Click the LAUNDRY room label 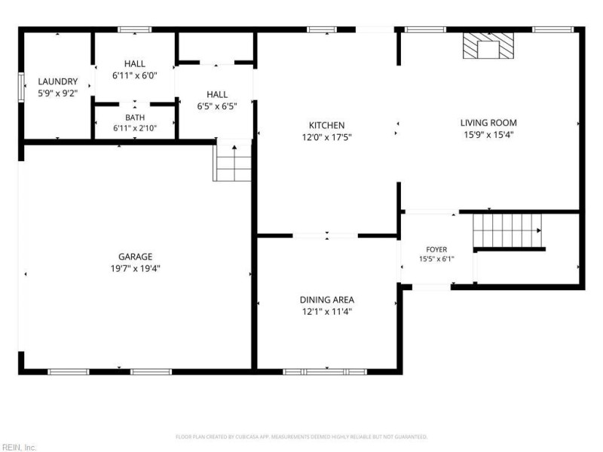pyautogui.click(x=58, y=81)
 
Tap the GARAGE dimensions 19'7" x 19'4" pyautogui.click(x=136, y=268)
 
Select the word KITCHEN pyautogui.click(x=327, y=125)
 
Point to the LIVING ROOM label pyautogui.click(x=488, y=123)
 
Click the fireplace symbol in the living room pyautogui.click(x=488, y=46)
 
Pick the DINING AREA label pyautogui.click(x=327, y=300)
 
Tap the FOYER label pyautogui.click(x=436, y=249)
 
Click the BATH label pyautogui.click(x=135, y=118)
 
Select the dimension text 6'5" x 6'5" pyautogui.click(x=217, y=106)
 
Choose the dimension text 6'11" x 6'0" pyautogui.click(x=135, y=76)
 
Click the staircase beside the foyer pyautogui.click(x=507, y=231)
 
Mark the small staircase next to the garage pyautogui.click(x=232, y=160)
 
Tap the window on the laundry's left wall pyautogui.click(x=22, y=87)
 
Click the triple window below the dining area pyautogui.click(x=325, y=371)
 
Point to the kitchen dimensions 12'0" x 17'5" pyautogui.click(x=327, y=137)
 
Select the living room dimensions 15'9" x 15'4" pyautogui.click(x=488, y=135)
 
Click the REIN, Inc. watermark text pyautogui.click(x=18, y=447)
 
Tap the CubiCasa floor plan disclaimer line pyautogui.click(x=301, y=437)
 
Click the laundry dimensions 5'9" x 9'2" pyautogui.click(x=58, y=93)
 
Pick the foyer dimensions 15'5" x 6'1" pyautogui.click(x=436, y=259)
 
